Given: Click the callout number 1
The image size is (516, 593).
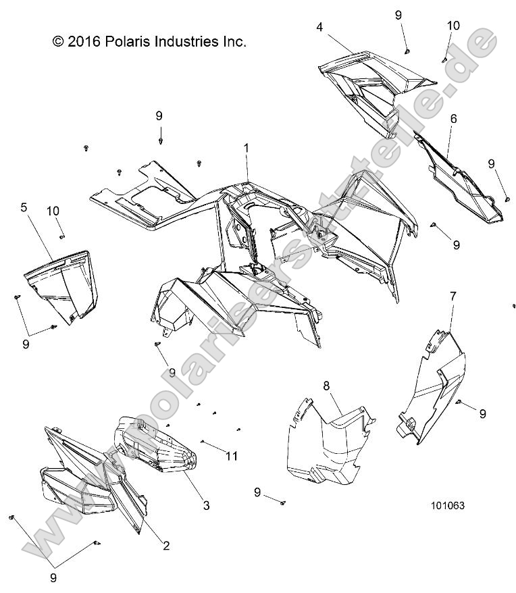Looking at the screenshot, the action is coord(247,149).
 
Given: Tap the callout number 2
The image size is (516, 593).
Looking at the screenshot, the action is coord(166,545).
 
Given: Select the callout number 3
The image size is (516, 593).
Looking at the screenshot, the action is coord(206,505).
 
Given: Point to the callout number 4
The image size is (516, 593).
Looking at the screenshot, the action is coord(319,27).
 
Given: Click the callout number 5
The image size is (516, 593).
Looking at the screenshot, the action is coord(24,207).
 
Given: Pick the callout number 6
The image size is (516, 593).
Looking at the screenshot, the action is coord(453,119).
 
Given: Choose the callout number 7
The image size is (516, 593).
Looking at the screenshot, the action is coord(453,296).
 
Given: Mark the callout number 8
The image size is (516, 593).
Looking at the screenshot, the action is coord(326,386).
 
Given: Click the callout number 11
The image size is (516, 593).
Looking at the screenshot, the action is coord(232,456).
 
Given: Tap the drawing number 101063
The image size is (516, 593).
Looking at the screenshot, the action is coord(448,506).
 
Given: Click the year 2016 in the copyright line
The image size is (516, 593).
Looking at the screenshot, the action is coord(84,41).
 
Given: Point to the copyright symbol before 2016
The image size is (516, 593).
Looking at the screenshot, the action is coord(58,42).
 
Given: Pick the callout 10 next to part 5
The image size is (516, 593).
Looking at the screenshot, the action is coord(53,211).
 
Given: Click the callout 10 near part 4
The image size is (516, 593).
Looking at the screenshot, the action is coord(453,26).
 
